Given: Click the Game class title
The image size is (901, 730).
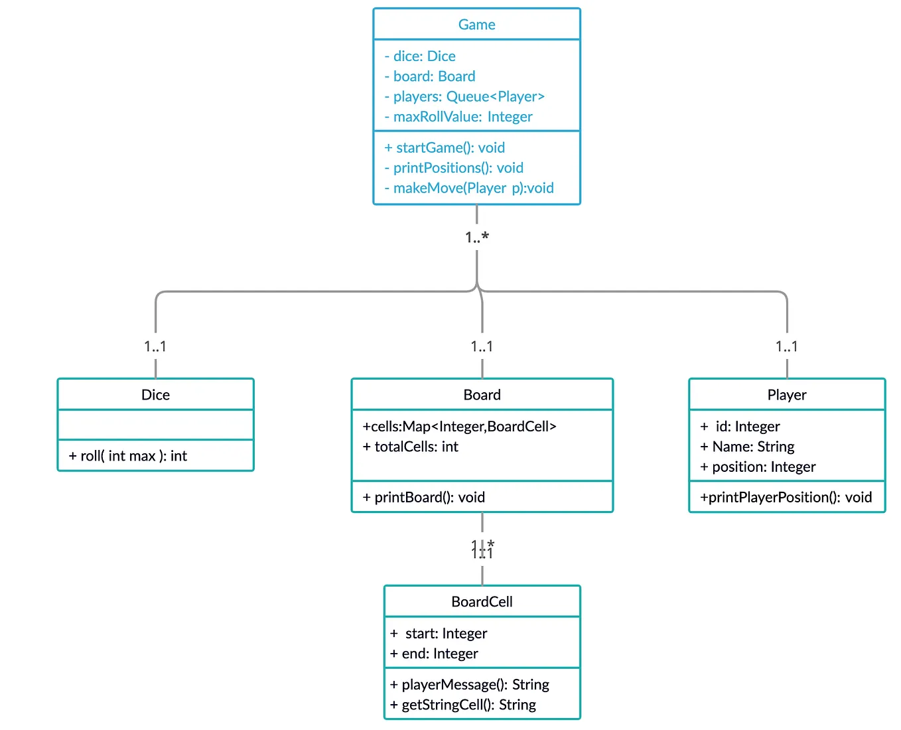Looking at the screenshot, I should pos(476,25).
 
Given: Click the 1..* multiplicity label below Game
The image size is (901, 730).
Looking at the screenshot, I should pos(476,237).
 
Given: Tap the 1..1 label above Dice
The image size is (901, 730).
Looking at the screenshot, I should pos(155,346).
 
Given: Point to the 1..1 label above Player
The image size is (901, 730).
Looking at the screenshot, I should pos(786,346).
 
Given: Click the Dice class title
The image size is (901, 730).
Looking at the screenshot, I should pos(155,395).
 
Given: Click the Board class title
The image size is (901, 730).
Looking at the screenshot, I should pos(482,395).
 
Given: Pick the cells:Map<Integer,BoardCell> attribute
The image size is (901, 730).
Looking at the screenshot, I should pos(459,427).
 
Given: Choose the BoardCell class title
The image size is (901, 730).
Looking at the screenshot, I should pos(482,602).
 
